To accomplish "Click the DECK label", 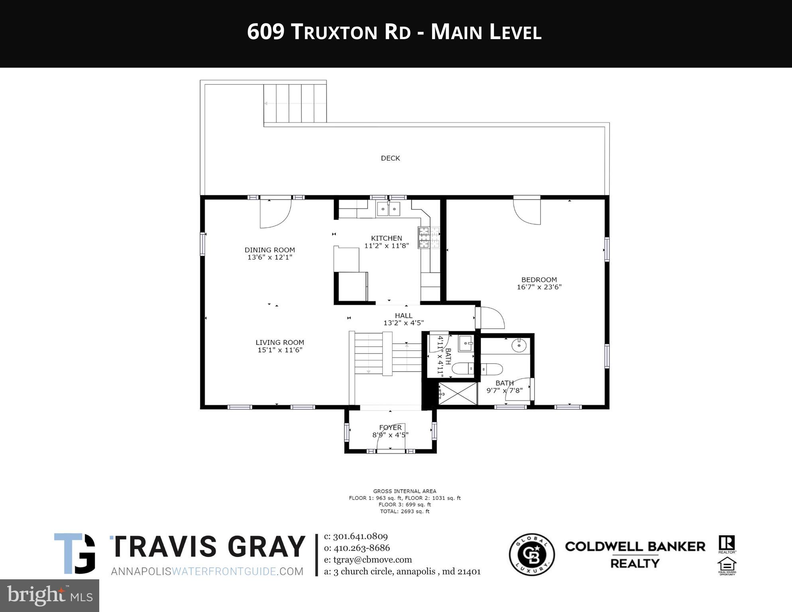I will [390, 158].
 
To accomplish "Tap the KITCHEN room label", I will [386, 238].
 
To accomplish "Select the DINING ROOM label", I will [269, 250].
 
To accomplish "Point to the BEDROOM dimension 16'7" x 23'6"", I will [539, 287].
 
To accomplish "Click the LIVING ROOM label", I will [279, 342].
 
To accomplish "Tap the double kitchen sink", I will [388, 209].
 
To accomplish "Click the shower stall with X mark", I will [458, 394].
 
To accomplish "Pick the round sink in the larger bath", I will [519, 345].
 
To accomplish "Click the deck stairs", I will [295, 103].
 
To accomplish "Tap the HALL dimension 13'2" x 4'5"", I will [403, 323].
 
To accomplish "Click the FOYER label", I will [390, 427].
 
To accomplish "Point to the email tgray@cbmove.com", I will [368, 560].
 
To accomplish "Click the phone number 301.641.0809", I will [360, 536].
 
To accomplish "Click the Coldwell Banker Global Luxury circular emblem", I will [532, 555].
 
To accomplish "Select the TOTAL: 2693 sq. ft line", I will [404, 511].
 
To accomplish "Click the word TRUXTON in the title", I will [334, 32].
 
